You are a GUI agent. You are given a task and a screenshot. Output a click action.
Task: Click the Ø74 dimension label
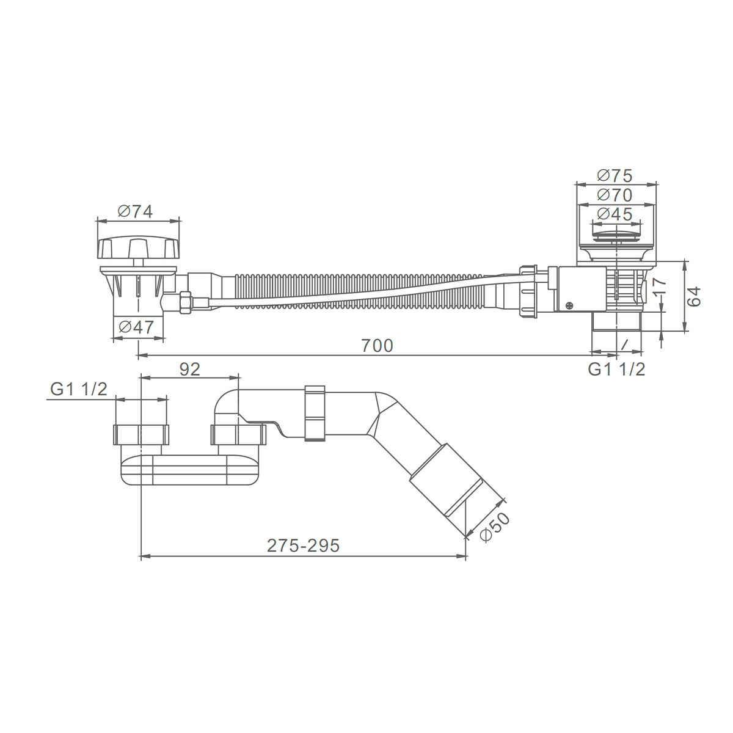[x=135, y=211]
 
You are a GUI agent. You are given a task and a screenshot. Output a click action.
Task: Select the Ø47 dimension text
[x=136, y=327]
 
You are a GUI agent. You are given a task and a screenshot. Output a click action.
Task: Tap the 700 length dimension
[x=377, y=346]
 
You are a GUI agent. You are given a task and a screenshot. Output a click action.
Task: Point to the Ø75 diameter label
[x=614, y=176]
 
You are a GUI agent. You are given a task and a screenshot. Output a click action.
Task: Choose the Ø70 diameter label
[x=614, y=195]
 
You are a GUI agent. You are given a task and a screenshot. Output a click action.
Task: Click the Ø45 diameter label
[x=614, y=214]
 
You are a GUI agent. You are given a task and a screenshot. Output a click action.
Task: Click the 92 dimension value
[x=190, y=369]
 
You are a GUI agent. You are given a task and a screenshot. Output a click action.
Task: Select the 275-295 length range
[x=303, y=546]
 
